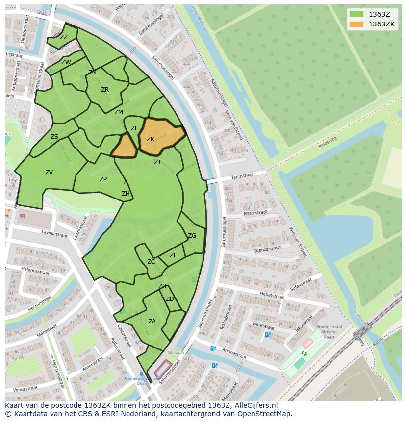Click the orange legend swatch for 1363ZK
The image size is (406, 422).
(356, 24)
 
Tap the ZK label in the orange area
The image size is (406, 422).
(151, 139)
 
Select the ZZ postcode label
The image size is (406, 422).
(64, 37)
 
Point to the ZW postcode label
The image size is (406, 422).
(66, 62)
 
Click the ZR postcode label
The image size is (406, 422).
(105, 90)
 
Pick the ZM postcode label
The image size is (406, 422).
(119, 112)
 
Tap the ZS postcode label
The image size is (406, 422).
(54, 137)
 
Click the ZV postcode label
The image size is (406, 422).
(49, 173)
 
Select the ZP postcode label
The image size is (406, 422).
(103, 179)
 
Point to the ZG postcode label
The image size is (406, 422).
(192, 236)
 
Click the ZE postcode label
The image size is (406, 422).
(174, 255)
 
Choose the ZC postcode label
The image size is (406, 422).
(151, 262)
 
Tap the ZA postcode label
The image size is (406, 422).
(152, 322)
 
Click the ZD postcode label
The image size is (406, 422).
(170, 299)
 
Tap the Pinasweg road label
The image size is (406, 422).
(328, 142)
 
